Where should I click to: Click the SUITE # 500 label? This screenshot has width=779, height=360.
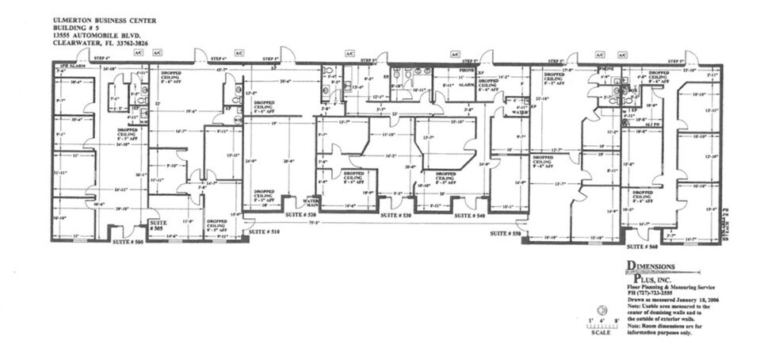click(x=128, y=240)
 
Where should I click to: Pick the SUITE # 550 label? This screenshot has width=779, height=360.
click(x=505, y=233)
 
